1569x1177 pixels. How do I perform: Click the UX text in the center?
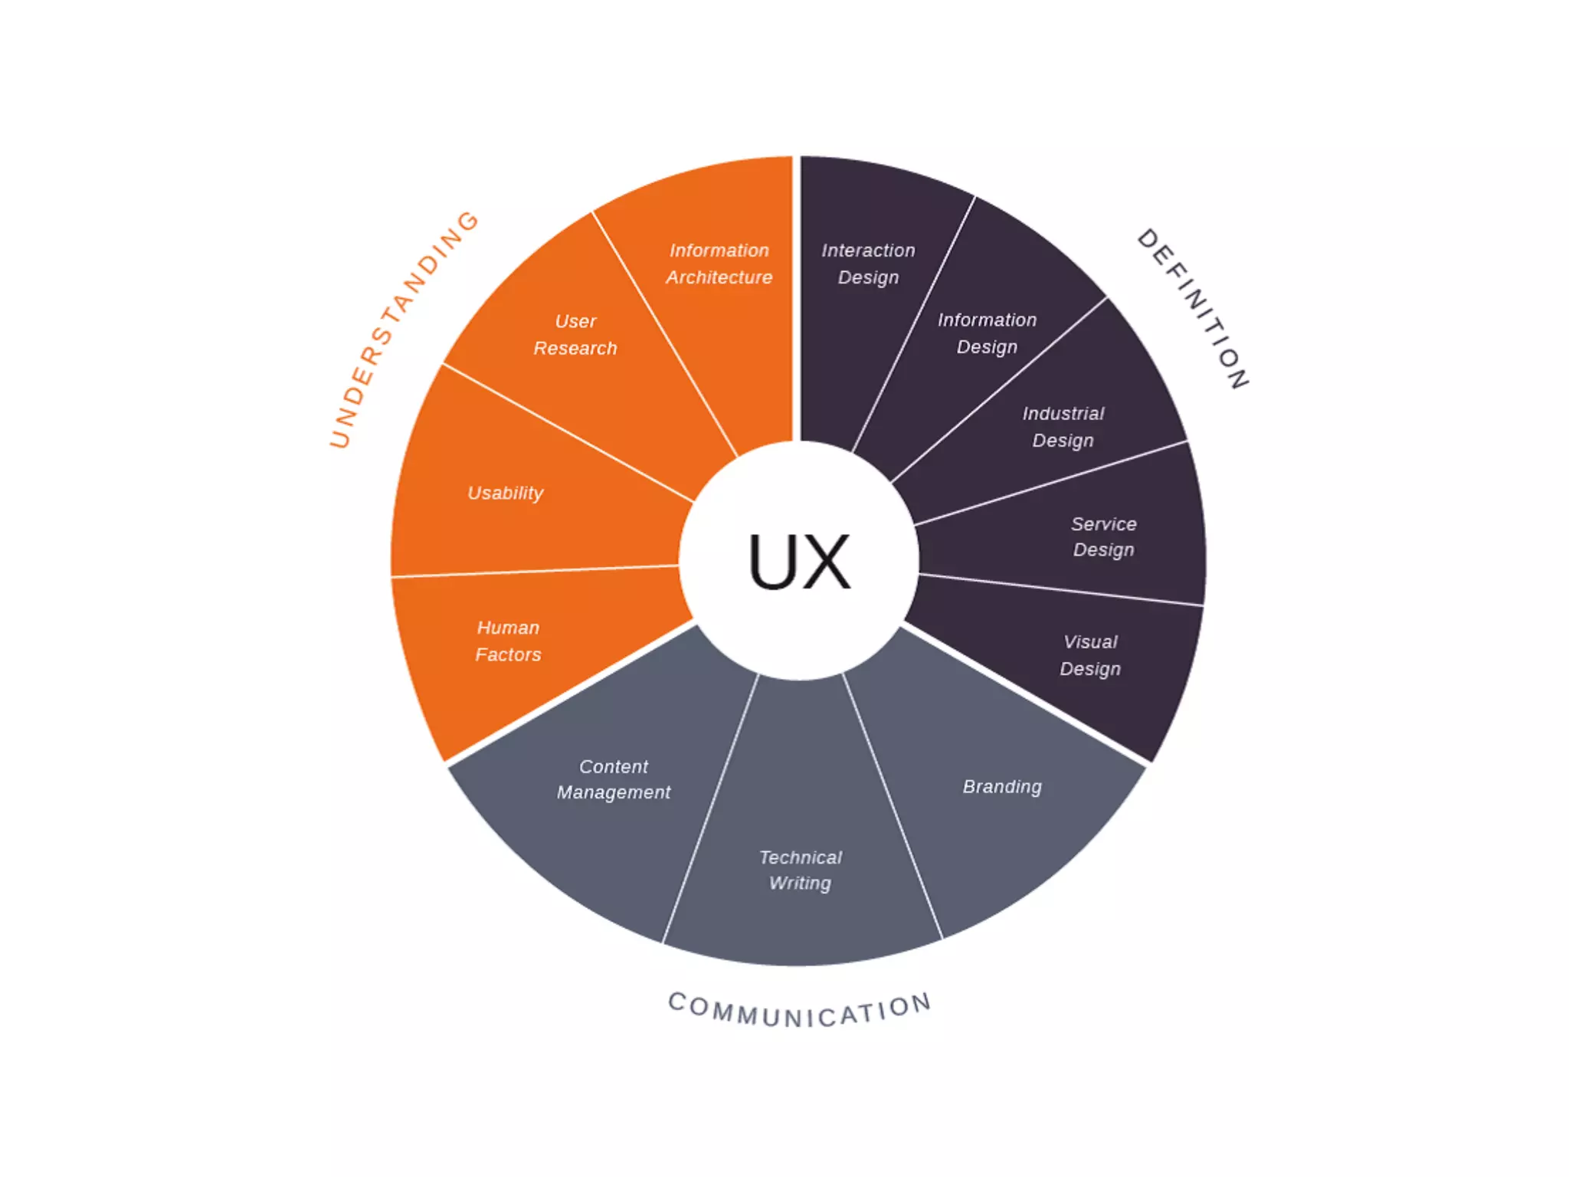[x=799, y=562]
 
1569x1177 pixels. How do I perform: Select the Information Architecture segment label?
[x=719, y=264]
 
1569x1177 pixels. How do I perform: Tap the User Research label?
[x=575, y=335]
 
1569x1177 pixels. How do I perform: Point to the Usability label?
[x=506, y=493]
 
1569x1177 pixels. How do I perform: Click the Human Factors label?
[x=508, y=641]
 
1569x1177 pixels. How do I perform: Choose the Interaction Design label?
[x=868, y=264]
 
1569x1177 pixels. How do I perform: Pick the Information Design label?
[x=987, y=333]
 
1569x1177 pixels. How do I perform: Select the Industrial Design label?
[x=1063, y=427]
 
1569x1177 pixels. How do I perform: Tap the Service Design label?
[x=1103, y=536]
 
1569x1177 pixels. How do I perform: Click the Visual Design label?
[x=1090, y=655]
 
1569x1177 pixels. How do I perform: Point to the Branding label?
[x=1002, y=787]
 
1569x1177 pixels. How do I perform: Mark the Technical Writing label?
[x=800, y=870]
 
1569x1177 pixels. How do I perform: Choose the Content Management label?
[x=614, y=779]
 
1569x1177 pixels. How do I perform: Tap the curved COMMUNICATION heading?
[x=800, y=1011]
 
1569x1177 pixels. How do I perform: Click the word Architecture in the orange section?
[x=719, y=277]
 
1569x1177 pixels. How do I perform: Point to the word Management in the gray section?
[x=614, y=792]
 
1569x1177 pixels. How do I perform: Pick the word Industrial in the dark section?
[x=1063, y=414]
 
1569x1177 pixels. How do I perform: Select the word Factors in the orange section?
[x=508, y=654]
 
